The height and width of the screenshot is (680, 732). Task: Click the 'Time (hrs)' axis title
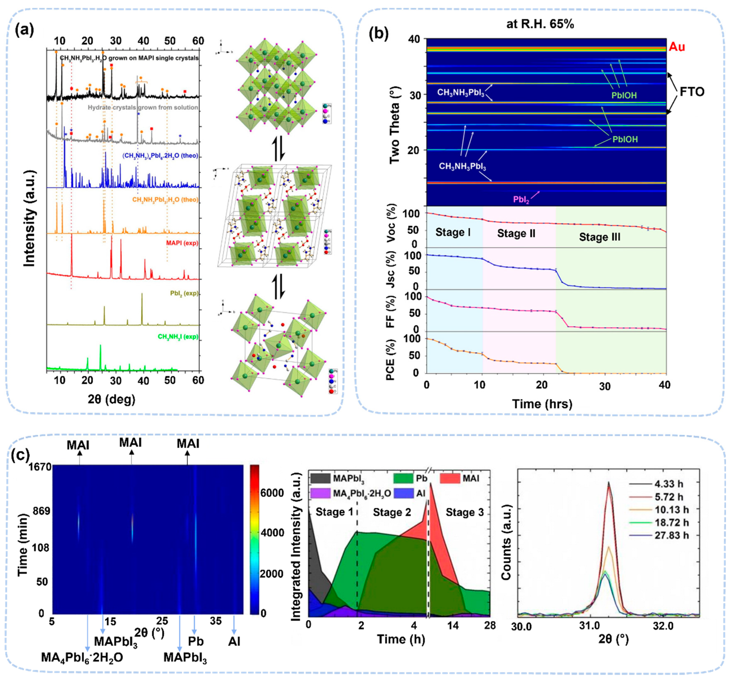(542, 404)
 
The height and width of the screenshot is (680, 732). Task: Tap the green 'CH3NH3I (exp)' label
(178, 337)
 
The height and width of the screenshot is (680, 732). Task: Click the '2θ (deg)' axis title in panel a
(111, 399)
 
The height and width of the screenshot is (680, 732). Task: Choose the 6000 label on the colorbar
(272, 493)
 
